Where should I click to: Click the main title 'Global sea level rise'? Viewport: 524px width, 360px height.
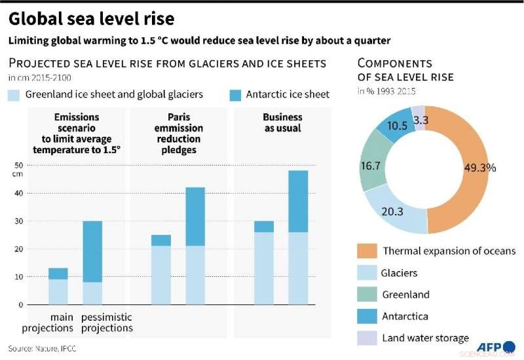pos(91,16)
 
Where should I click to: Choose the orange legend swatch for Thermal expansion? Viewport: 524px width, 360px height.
pos(367,251)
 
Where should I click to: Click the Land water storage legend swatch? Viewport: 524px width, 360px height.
pos(367,338)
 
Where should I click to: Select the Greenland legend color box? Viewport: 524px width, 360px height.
pos(367,295)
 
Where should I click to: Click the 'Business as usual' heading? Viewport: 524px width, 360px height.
pos(282,122)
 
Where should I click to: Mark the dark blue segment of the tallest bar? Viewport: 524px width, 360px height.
pos(298,201)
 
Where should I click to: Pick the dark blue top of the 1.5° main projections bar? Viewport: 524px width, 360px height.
pos(58,274)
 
